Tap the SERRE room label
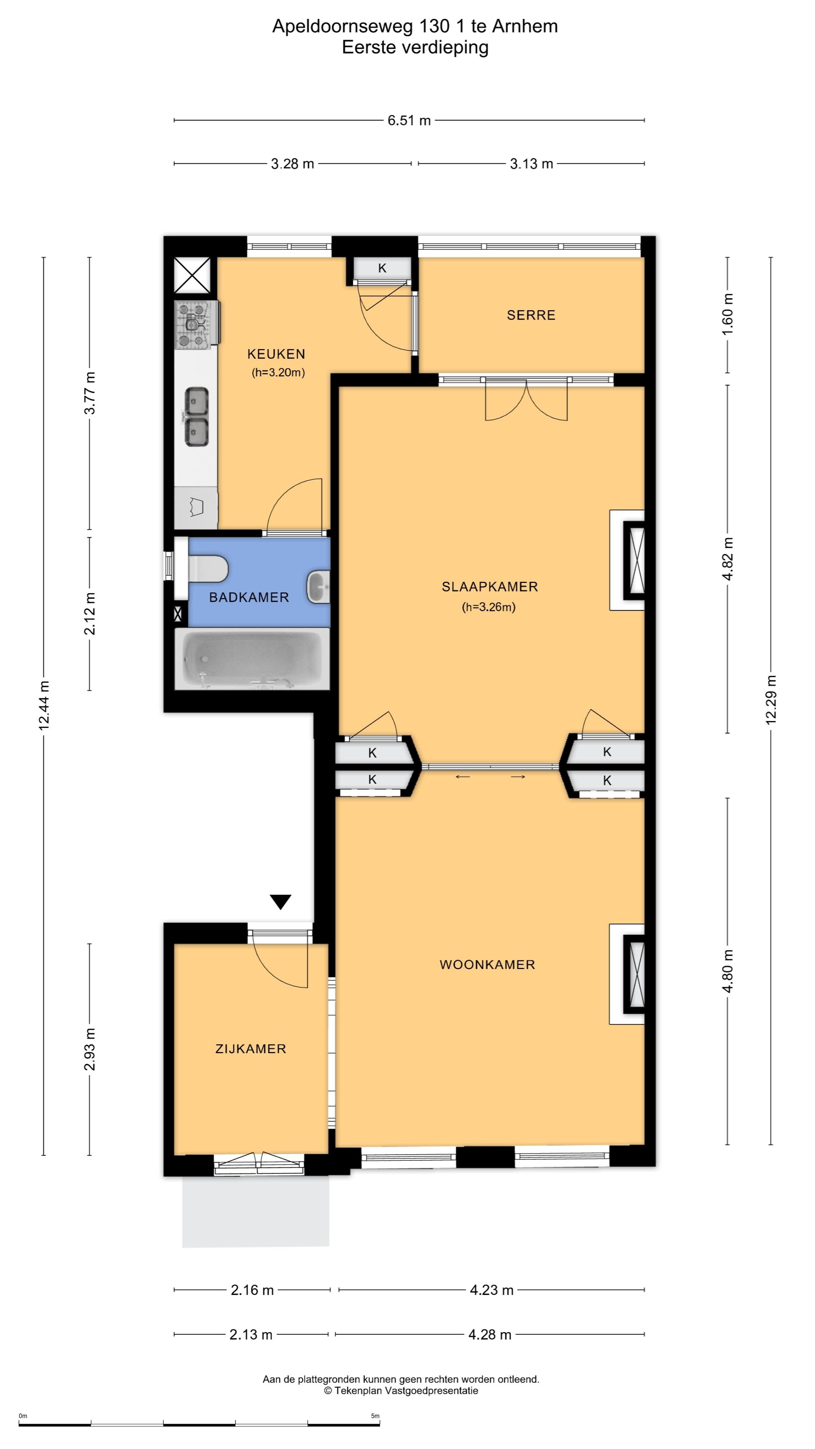(x=531, y=315)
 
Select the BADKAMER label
(x=249, y=597)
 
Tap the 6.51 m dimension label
(x=409, y=120)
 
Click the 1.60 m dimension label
(x=727, y=314)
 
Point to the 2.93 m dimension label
(x=89, y=1049)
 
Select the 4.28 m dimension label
(x=490, y=1334)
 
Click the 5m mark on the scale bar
(x=375, y=1416)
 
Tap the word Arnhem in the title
(x=525, y=26)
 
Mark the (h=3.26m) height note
(x=488, y=607)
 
